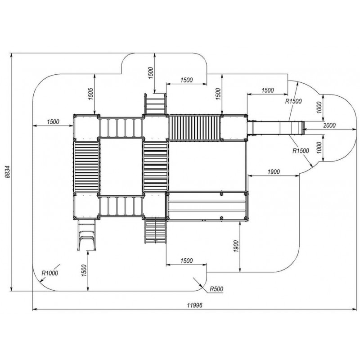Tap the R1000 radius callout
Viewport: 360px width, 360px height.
click(50, 272)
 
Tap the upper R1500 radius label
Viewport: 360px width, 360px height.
click(293, 101)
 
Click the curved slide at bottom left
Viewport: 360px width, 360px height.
click(86, 234)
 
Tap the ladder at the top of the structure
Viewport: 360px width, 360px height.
click(155, 104)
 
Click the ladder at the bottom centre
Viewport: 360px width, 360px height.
click(155, 230)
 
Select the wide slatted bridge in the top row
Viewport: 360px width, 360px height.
click(194, 128)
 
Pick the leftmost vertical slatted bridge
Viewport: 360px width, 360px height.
click(86, 167)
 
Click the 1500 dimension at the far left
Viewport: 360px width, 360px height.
click(53, 121)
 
